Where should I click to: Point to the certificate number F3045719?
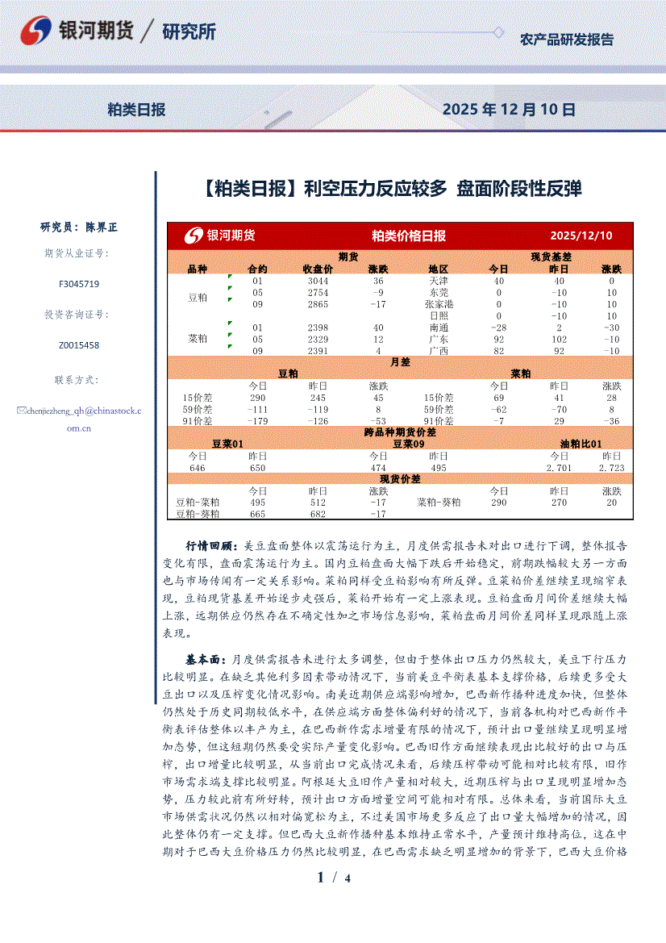point(79,284)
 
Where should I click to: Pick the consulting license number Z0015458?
point(79,345)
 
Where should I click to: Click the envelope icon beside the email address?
point(22,411)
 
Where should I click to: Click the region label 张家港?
point(439,304)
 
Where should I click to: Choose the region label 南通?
point(439,328)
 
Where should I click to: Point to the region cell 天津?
point(439,281)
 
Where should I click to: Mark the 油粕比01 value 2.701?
point(559,468)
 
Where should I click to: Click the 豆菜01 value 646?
point(198,468)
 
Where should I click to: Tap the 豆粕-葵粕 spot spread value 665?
point(258,514)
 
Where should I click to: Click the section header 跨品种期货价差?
point(399,432)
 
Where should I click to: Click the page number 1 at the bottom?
point(321,878)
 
